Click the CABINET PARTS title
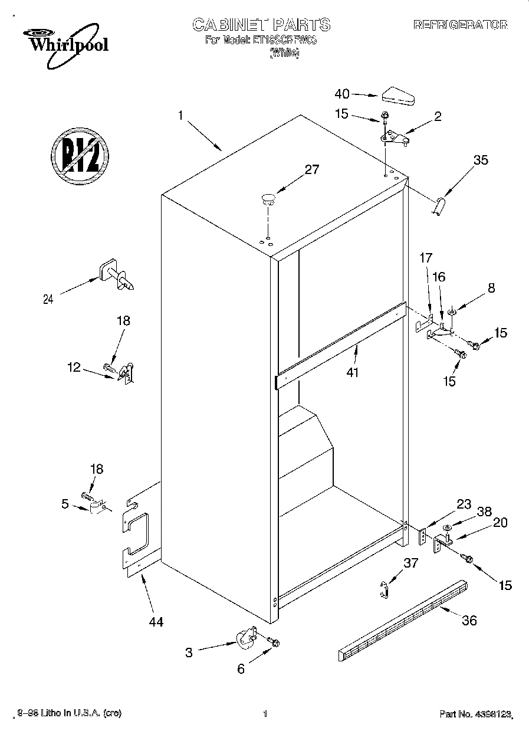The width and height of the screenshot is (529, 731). click(261, 25)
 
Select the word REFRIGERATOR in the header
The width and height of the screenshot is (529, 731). click(460, 25)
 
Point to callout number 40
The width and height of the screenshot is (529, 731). click(342, 94)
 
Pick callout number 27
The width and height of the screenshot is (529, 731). click(311, 170)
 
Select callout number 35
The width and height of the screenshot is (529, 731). click(481, 159)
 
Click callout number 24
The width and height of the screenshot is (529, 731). click(48, 299)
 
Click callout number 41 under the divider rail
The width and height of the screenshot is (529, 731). click(353, 372)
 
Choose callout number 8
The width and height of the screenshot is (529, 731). click(491, 288)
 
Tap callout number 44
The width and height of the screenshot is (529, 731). click(156, 621)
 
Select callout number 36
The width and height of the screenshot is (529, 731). click(469, 620)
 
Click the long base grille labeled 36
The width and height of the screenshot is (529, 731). click(404, 619)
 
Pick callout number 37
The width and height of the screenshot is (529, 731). click(410, 563)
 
